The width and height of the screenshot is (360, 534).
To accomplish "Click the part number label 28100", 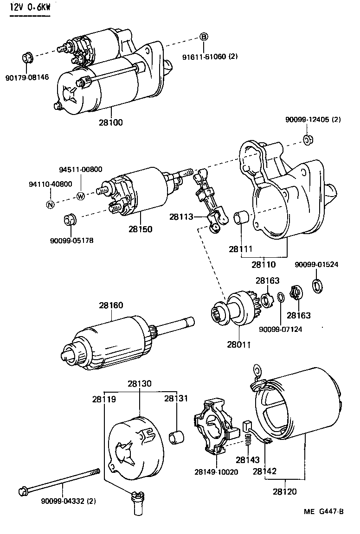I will click(111, 122).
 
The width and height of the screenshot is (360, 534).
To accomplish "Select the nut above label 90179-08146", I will click(27, 59).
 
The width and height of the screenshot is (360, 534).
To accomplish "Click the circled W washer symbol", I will click(80, 196).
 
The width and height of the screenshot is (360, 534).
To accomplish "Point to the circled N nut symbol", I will click(50, 204).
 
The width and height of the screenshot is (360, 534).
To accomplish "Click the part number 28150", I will click(141, 229).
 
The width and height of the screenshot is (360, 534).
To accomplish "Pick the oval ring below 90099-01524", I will click(317, 285).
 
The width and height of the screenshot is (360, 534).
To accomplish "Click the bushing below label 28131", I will click(177, 437).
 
